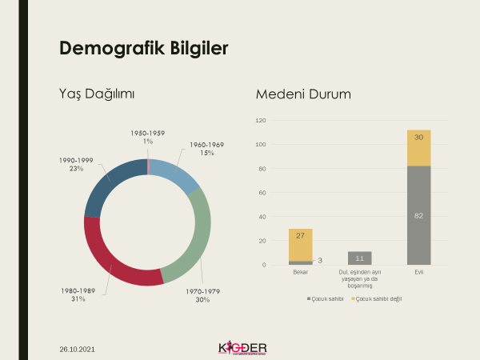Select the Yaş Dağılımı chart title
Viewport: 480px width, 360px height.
(x=97, y=94)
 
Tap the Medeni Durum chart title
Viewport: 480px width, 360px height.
(x=303, y=94)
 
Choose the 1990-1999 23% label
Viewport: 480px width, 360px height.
(x=76, y=165)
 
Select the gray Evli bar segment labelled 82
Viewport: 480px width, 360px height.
(x=418, y=215)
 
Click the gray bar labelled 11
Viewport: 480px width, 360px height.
(x=360, y=258)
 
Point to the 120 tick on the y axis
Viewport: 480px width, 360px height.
(x=261, y=120)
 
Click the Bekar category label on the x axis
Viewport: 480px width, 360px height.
(x=301, y=272)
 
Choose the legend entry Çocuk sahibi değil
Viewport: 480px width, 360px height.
(x=377, y=299)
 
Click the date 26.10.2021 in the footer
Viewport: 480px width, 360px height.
(x=79, y=350)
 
